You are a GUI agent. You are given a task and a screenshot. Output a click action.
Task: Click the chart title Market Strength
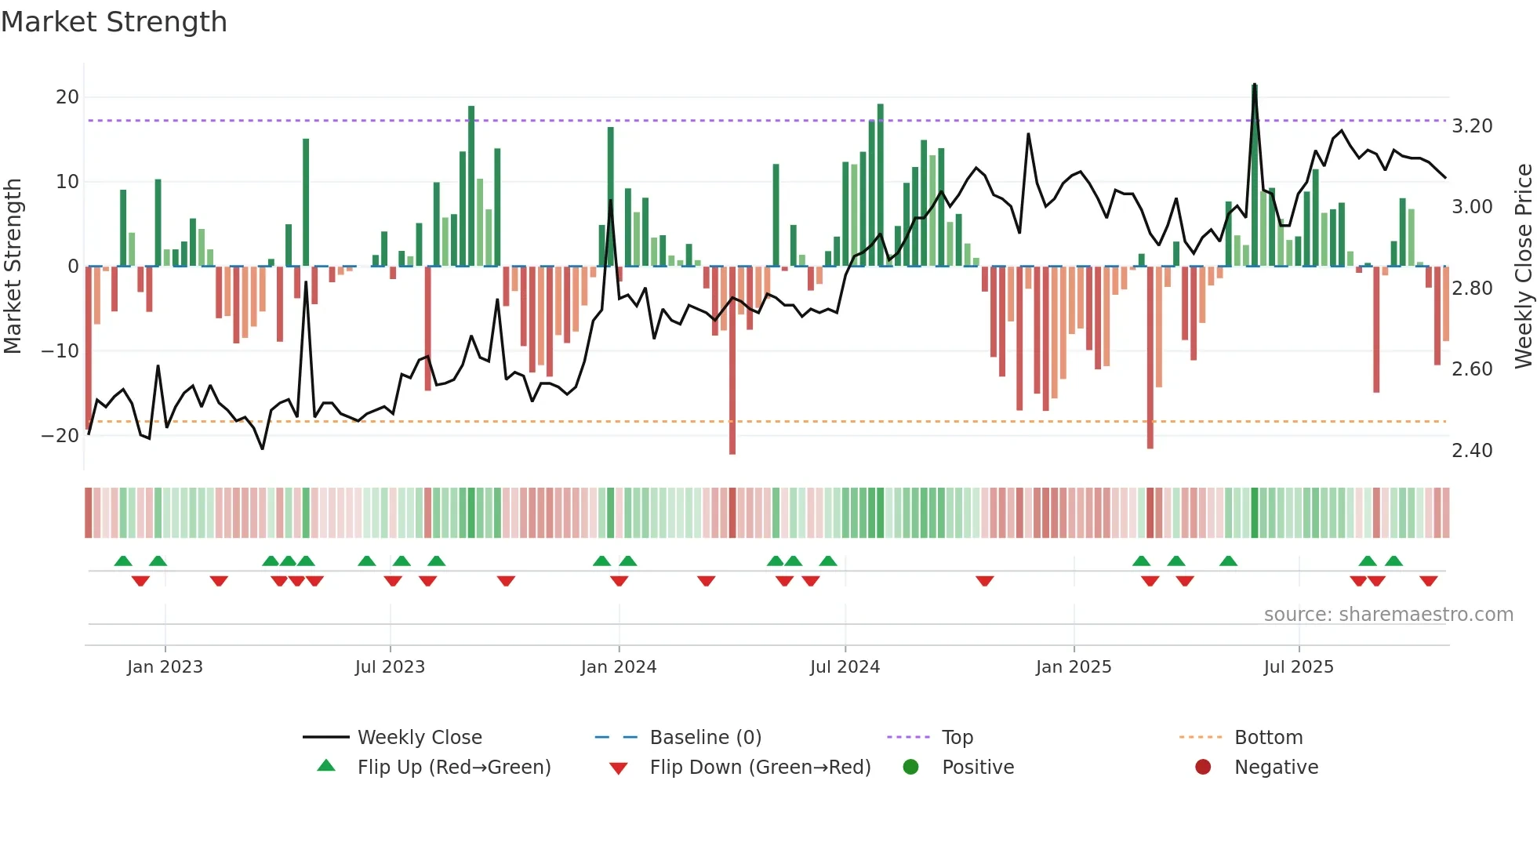(x=114, y=22)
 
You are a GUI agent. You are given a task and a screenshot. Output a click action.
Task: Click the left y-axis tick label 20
(x=67, y=97)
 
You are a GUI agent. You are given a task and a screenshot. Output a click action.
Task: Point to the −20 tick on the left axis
(x=60, y=436)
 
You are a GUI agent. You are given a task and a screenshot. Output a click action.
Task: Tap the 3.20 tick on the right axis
(x=1472, y=126)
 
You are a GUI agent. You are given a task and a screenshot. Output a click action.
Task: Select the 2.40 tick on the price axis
(x=1472, y=451)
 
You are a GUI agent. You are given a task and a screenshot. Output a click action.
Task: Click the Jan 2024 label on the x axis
(x=618, y=667)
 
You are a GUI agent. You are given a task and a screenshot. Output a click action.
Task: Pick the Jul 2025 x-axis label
(x=1298, y=667)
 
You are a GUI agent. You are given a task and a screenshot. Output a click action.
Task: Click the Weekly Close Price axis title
(x=1523, y=267)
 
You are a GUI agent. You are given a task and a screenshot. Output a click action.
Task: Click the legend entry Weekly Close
(x=419, y=738)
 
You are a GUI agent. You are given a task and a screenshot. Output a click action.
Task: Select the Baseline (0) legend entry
(x=705, y=738)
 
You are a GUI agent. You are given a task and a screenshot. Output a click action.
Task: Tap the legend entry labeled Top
(x=957, y=738)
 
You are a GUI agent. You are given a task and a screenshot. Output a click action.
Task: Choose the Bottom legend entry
(x=1268, y=738)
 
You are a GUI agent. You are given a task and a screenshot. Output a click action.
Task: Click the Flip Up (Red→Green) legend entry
(x=453, y=768)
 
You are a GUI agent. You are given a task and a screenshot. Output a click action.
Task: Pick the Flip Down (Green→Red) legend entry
(x=759, y=768)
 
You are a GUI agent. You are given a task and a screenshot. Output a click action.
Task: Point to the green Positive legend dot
(x=910, y=768)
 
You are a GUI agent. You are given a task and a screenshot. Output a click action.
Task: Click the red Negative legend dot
(x=1203, y=768)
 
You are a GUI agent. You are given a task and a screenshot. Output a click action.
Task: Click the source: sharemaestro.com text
(x=1388, y=615)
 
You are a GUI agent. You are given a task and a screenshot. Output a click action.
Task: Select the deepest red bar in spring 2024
(x=732, y=361)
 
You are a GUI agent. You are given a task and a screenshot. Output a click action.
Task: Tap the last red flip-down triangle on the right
(x=1428, y=581)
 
